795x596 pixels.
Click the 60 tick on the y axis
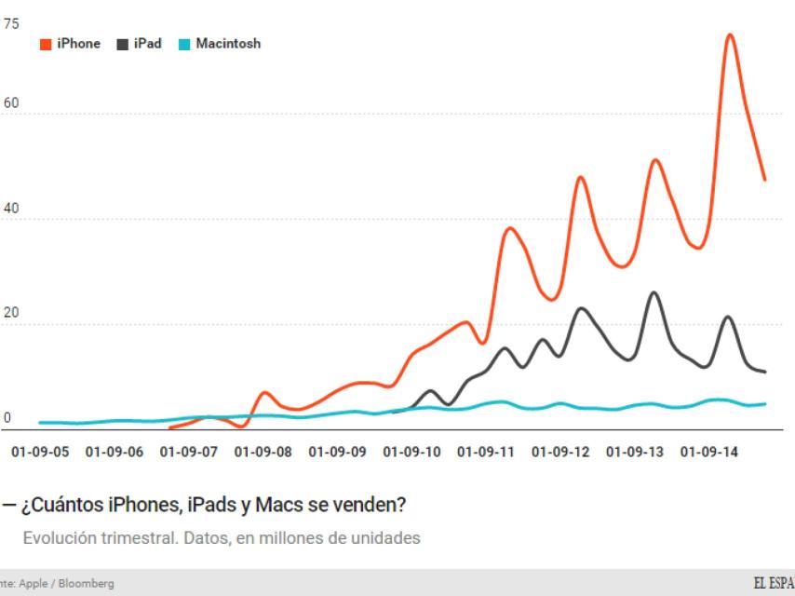pos(10,103)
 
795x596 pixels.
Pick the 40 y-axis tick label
pos(10,209)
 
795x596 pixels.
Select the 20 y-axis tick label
pos(10,314)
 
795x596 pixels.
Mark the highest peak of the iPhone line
pos(730,35)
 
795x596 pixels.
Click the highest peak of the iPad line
pos(654,293)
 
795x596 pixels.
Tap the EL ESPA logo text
pos(773,584)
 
